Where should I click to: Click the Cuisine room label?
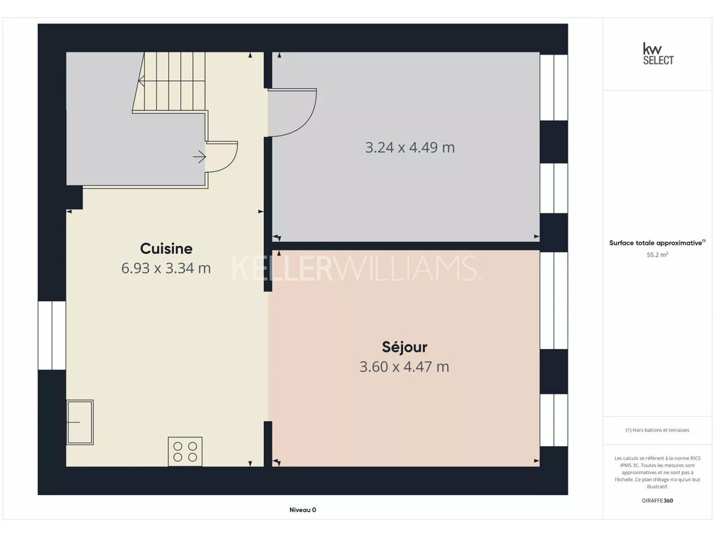(x=166, y=249)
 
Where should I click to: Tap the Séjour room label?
(x=404, y=348)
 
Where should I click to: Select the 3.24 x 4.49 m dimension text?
(x=410, y=148)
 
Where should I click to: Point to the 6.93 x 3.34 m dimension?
(x=166, y=268)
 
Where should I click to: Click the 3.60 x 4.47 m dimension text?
(x=404, y=366)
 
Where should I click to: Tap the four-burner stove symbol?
(x=185, y=452)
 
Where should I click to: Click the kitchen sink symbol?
(x=80, y=422)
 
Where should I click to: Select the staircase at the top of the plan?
(x=170, y=83)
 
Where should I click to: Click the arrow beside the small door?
(x=199, y=157)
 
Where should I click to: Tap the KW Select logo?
(x=658, y=54)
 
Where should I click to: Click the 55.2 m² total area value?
(x=658, y=255)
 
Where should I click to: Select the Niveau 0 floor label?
(x=303, y=510)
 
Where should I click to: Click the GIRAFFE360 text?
(x=658, y=501)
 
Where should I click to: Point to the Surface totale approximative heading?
(x=657, y=243)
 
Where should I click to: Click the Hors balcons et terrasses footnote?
(x=658, y=430)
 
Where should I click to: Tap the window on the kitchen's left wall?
(x=52, y=335)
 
